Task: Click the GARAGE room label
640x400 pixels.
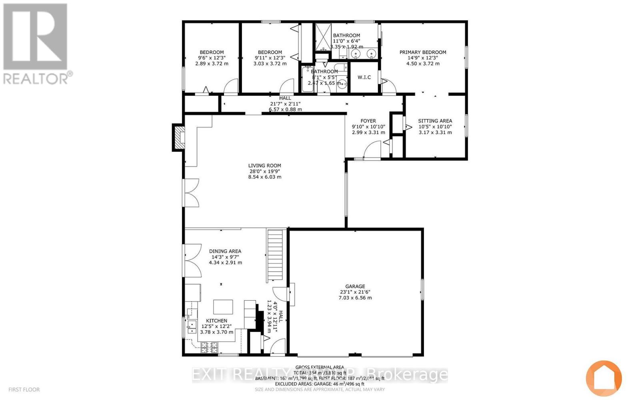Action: pos(355,286)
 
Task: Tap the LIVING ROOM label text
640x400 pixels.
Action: pos(264,165)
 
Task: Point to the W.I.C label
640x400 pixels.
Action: pos(364,77)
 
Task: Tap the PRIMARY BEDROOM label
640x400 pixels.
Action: pos(423,52)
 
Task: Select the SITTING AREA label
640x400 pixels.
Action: pos(435,121)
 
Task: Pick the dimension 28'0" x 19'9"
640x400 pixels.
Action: pos(264,171)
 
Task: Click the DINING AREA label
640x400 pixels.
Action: pos(225,251)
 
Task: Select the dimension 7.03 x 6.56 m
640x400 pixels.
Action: pos(355,298)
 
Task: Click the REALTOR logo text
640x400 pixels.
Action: pos(38,78)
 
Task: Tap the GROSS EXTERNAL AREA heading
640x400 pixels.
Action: pos(320,367)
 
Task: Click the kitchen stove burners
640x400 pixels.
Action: pos(209,347)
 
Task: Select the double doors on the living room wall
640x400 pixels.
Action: pos(192,193)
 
